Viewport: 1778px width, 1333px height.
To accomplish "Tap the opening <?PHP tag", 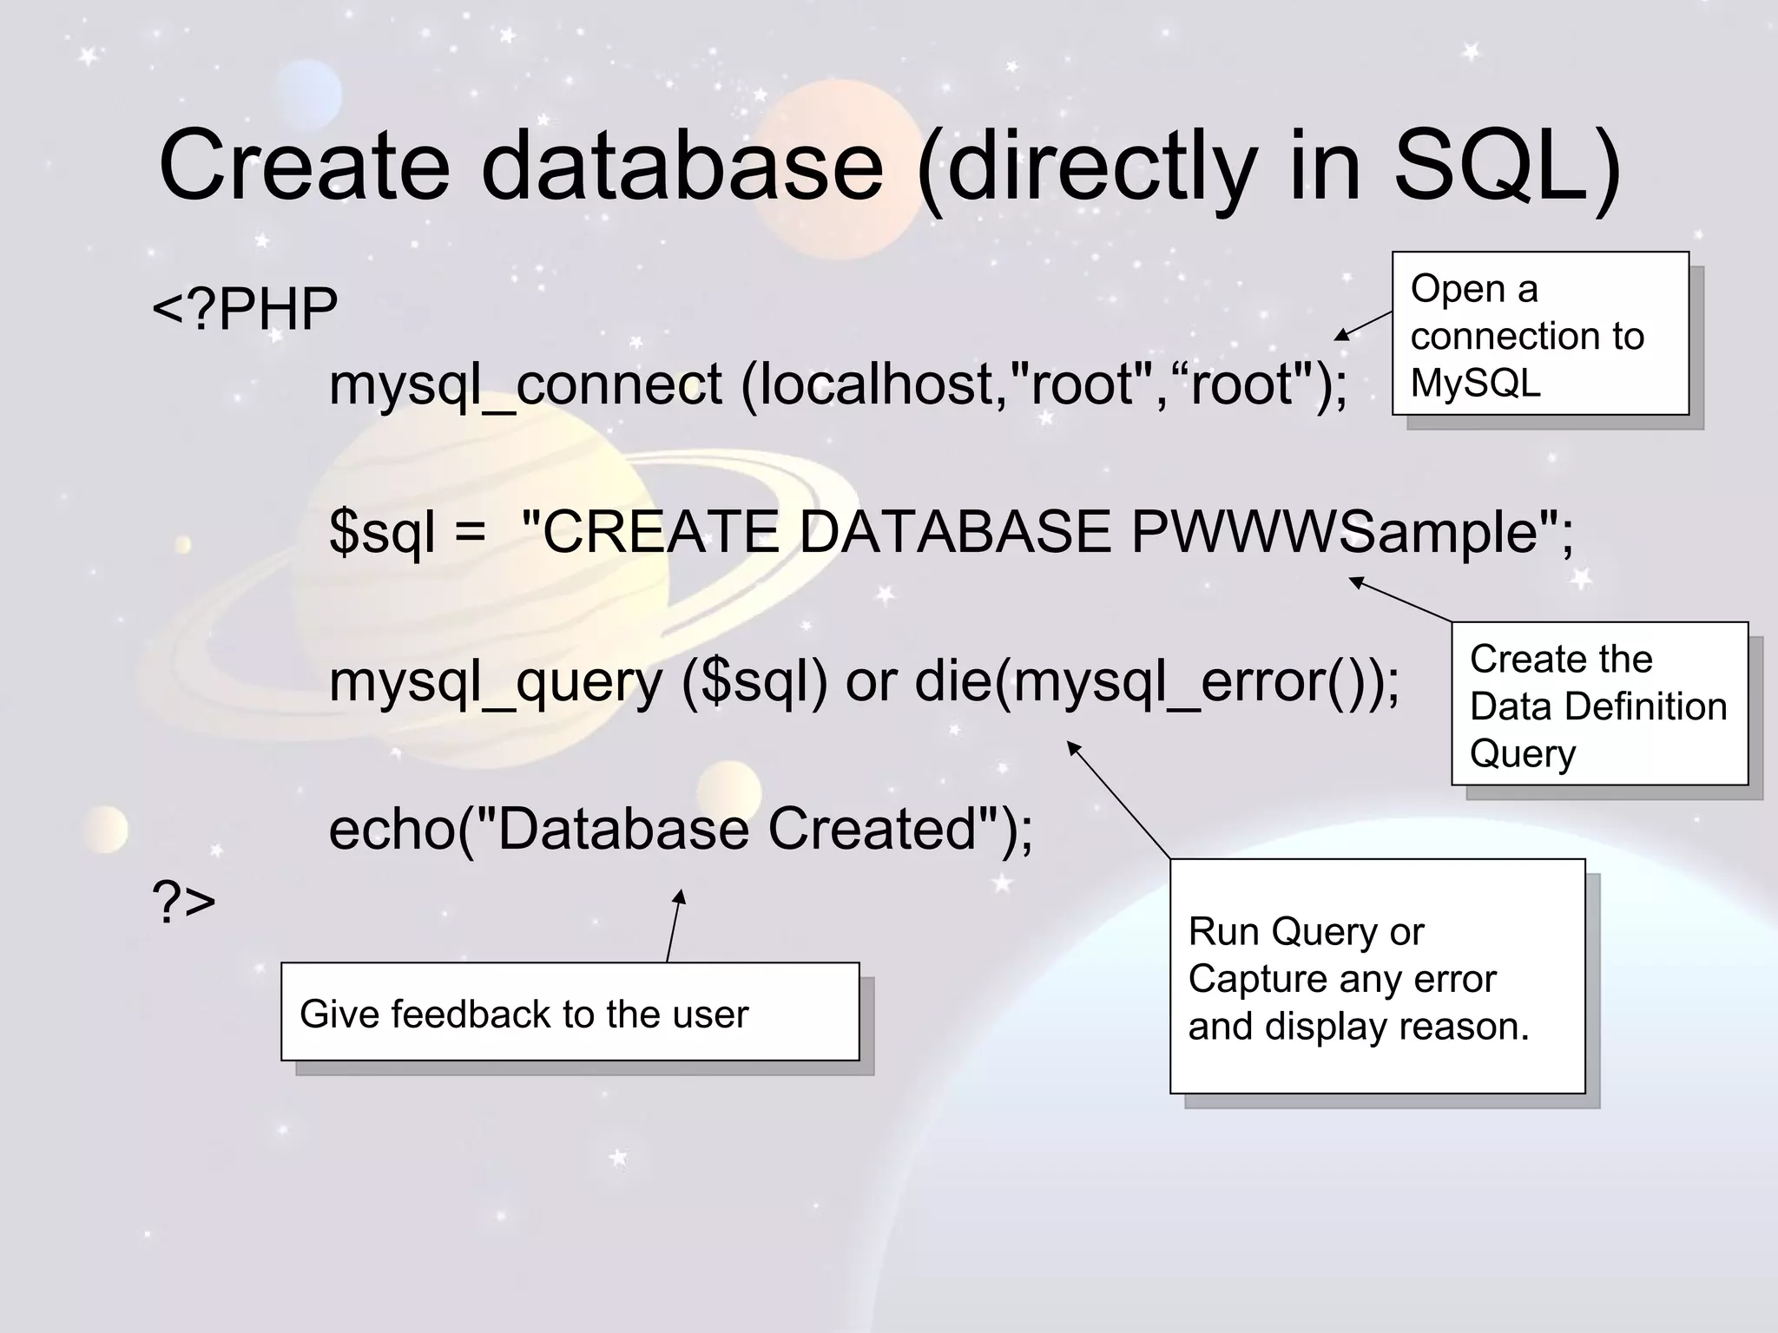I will (x=245, y=308).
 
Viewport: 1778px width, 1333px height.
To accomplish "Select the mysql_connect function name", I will (x=524, y=384).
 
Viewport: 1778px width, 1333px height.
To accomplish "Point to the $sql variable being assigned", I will (x=381, y=532).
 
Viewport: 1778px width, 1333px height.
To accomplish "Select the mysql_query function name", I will (x=495, y=682).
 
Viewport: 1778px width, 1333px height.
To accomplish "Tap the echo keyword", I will (x=392, y=829).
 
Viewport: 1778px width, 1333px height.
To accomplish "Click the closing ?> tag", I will (x=184, y=902).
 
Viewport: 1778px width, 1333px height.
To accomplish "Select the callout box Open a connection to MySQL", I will (x=1540, y=334).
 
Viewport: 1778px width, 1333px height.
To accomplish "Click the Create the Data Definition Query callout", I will (x=1599, y=705).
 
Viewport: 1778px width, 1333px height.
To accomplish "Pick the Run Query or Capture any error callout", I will (x=1377, y=977).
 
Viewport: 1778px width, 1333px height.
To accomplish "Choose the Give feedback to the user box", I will (x=570, y=1012).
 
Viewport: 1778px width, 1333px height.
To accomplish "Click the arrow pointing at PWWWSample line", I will (x=1399, y=600).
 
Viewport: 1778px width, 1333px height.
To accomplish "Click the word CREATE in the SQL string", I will (x=661, y=532).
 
